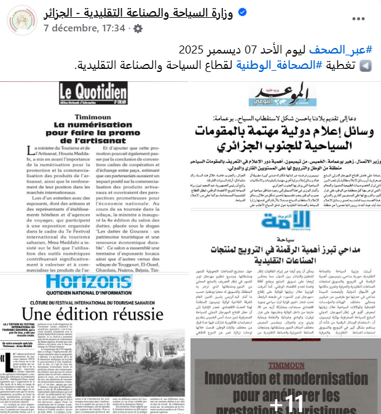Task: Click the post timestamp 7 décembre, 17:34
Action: pyautogui.click(x=84, y=28)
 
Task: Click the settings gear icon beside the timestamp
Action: pyautogui.click(x=138, y=29)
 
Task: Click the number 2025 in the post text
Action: pyautogui.click(x=192, y=49)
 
